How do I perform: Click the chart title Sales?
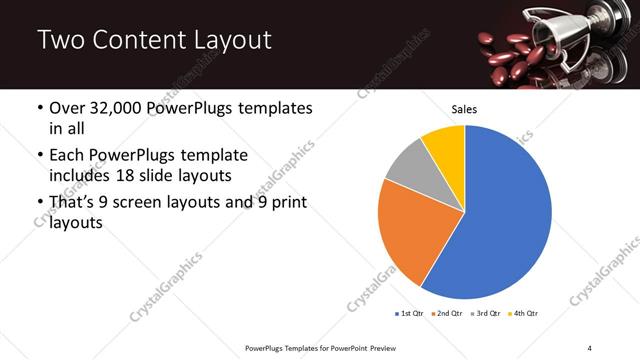pyautogui.click(x=464, y=108)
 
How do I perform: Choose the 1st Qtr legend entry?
pyautogui.click(x=410, y=314)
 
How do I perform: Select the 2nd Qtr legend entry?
pyautogui.click(x=445, y=314)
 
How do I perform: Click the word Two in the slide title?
pyautogui.click(x=60, y=40)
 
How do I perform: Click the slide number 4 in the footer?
pyautogui.click(x=590, y=347)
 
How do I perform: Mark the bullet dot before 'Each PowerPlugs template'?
pyautogui.click(x=39, y=156)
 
